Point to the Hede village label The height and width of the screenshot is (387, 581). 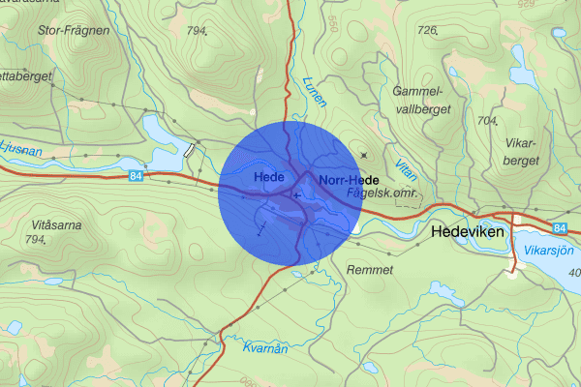(267, 179)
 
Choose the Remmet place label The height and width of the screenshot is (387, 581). (370, 270)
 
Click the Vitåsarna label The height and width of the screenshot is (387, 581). (49, 224)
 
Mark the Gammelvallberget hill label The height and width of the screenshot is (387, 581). (423, 100)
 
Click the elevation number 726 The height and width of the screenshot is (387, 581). (426, 31)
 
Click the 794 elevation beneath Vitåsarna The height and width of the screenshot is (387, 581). (36, 239)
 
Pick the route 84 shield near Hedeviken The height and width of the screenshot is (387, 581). (561, 227)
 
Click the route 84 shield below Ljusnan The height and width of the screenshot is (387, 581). (134, 175)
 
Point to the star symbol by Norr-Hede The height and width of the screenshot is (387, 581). (364, 155)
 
